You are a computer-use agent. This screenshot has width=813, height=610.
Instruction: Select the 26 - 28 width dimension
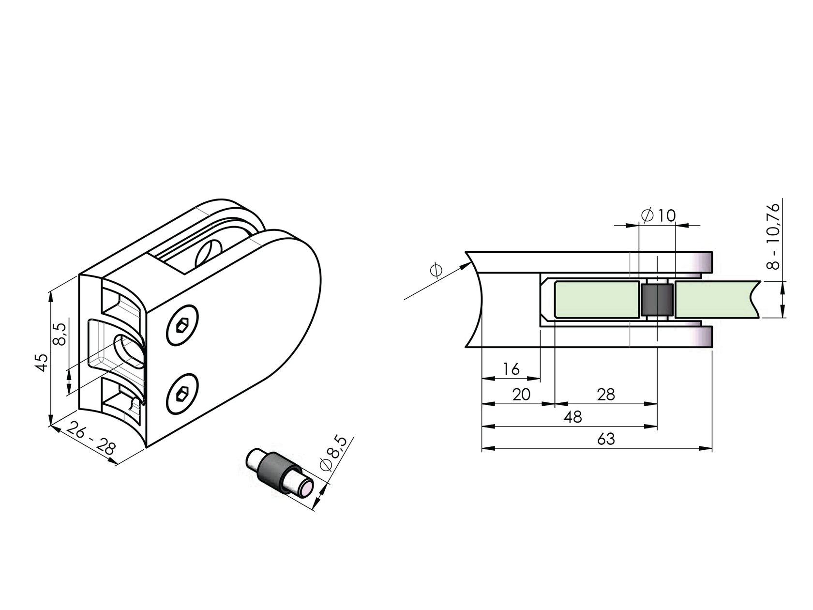click(x=91, y=438)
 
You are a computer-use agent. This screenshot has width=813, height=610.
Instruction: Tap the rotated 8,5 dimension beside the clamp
click(x=60, y=334)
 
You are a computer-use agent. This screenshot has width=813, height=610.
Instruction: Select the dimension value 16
click(x=511, y=369)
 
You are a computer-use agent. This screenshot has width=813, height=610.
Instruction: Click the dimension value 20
click(x=521, y=395)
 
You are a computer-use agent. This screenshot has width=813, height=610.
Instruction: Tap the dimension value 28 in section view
click(x=605, y=395)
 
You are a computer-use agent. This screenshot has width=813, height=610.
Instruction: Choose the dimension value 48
click(x=572, y=417)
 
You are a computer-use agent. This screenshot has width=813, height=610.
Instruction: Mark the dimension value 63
click(x=605, y=439)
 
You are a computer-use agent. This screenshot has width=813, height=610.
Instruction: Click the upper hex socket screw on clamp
click(x=182, y=325)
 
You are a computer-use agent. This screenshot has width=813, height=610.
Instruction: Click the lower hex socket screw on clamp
click(x=182, y=394)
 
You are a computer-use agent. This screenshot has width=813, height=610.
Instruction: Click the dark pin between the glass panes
click(x=657, y=300)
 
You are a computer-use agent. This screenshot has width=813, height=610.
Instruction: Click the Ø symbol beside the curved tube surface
click(x=436, y=270)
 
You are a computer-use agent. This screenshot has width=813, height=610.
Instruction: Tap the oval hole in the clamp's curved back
click(x=128, y=350)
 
